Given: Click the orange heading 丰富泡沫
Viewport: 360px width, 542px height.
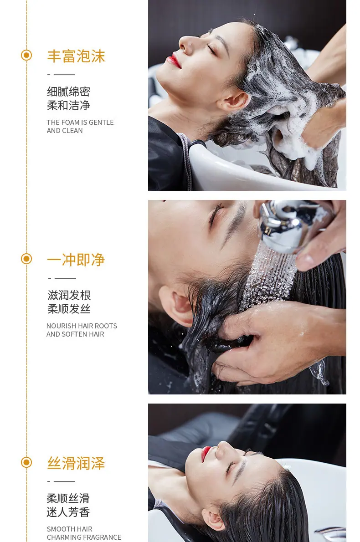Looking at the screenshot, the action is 76,56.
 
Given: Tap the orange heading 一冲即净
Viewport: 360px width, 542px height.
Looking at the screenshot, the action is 76,260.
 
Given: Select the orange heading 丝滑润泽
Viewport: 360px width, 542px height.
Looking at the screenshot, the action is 76,463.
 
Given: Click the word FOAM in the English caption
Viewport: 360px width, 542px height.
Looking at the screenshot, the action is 70,123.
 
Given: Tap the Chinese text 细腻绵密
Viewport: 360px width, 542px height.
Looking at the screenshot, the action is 68,92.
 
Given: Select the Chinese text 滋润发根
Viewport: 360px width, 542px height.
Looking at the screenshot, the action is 69,295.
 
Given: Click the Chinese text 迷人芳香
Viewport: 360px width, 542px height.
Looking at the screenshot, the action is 68,512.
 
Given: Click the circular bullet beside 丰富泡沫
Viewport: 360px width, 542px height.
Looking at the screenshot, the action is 26,55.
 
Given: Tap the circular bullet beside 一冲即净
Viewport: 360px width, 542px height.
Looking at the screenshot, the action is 26,259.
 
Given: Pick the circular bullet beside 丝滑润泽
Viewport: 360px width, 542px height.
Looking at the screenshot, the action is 26,462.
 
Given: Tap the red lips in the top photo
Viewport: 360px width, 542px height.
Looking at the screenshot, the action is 173,61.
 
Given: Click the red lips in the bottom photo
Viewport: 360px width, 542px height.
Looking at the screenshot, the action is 206,452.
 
